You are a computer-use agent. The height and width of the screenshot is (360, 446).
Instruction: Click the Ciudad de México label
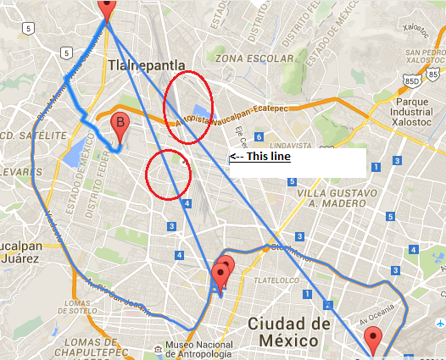[288, 332]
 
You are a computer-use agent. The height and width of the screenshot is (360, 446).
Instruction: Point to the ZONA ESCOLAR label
[253, 58]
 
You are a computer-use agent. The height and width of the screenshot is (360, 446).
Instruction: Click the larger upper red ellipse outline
[187, 108]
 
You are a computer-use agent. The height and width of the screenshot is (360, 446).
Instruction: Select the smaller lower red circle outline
[168, 175]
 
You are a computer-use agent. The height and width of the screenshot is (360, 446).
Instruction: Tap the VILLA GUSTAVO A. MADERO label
[326, 197]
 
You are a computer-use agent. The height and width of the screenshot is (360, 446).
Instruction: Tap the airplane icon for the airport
[440, 324]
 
